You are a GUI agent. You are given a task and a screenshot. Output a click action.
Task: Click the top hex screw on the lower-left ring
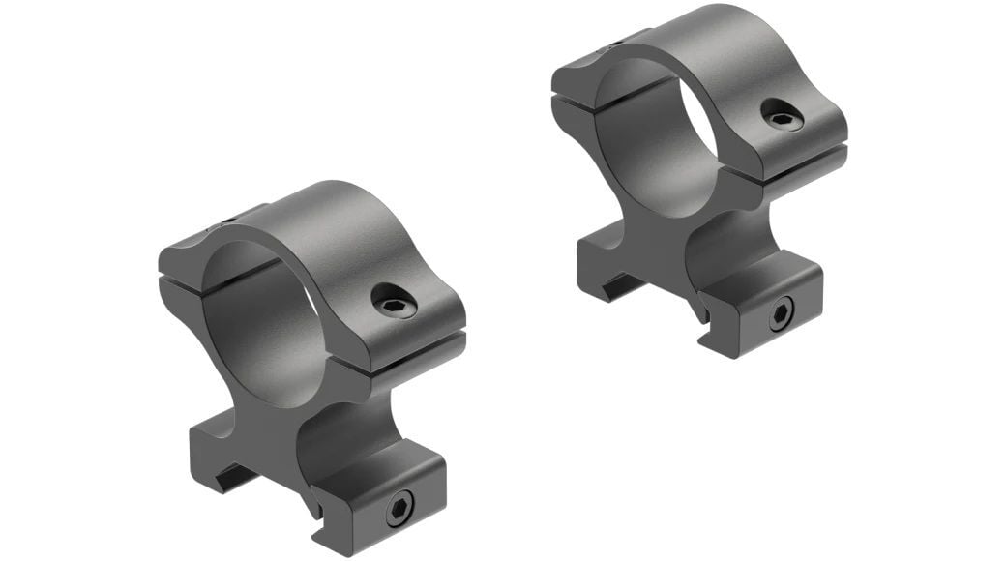pos(396,305)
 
